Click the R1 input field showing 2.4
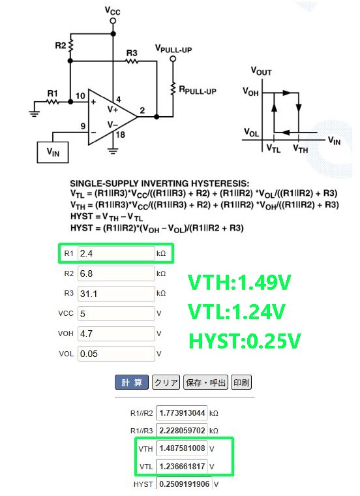tap(116, 253)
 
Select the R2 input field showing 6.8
tap(116, 273)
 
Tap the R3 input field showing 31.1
tap(116, 294)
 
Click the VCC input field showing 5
tap(116, 313)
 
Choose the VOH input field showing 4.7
tap(116, 333)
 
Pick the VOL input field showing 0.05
tap(116, 354)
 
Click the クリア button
tap(166, 382)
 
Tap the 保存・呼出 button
tap(205, 382)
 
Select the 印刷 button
tap(241, 382)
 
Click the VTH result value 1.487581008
tap(182, 448)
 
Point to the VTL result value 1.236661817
tap(182, 467)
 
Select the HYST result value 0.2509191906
tap(185, 484)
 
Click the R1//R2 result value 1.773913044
tap(182, 413)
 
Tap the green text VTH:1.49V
tap(239, 282)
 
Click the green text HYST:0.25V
tap(245, 341)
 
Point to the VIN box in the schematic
tap(53, 152)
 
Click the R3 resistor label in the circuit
tap(132, 53)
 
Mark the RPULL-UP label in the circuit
tap(198, 90)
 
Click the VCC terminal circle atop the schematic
tap(113, 21)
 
